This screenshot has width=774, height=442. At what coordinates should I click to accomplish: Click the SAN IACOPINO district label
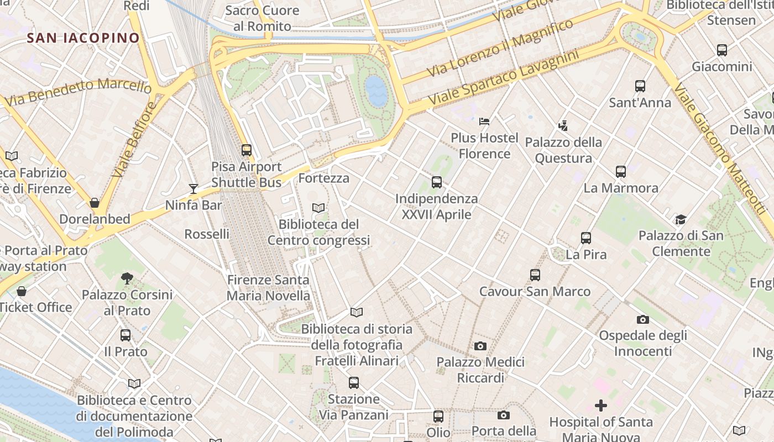[83, 38]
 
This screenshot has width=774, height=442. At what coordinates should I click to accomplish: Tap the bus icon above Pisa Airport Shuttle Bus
[247, 150]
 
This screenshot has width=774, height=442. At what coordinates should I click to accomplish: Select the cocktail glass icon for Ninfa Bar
[193, 189]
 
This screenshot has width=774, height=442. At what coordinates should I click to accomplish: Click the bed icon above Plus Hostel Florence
[484, 121]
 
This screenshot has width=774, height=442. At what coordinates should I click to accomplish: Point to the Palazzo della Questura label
[563, 150]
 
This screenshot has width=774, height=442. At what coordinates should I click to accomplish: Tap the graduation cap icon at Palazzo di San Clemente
[681, 219]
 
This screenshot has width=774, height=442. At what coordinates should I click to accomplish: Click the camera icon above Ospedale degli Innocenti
[642, 319]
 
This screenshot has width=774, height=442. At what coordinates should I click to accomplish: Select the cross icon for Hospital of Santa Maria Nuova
[601, 406]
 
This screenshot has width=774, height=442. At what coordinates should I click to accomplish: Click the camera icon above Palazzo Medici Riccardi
[480, 346]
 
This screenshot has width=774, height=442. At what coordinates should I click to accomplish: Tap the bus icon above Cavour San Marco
[535, 275]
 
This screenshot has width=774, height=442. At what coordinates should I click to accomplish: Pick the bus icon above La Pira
[586, 238]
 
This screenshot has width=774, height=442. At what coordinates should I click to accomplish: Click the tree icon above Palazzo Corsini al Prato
[127, 278]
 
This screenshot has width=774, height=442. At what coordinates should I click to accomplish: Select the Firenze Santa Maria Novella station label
[268, 287]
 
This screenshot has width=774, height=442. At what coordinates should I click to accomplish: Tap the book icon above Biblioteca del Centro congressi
[318, 208]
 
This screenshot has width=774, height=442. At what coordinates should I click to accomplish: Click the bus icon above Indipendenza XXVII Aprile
[437, 182]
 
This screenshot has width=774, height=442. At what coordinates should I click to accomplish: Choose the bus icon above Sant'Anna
[640, 86]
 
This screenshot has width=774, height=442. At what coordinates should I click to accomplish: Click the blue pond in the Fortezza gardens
[376, 91]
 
